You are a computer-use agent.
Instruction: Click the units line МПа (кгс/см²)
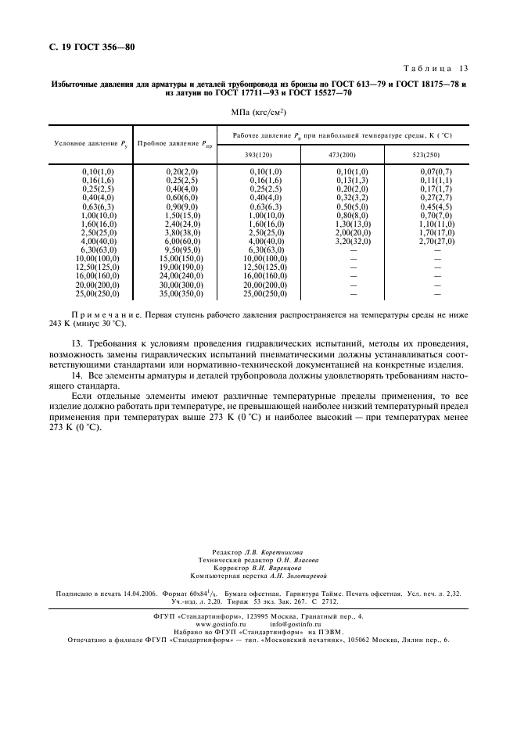point(258,113)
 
